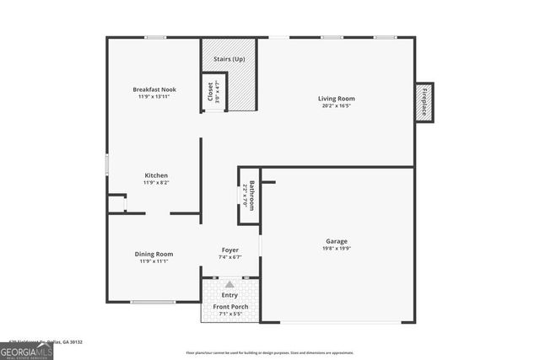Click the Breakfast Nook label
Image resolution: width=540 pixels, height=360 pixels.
[154, 89]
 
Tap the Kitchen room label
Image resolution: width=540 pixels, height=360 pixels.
[155, 175]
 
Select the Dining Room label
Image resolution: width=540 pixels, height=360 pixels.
[154, 254]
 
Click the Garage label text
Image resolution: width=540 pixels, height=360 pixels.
[337, 241]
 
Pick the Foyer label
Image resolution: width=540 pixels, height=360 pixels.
[229, 250]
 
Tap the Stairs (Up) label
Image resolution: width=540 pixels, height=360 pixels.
[229, 59]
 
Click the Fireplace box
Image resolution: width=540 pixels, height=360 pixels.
[425, 102]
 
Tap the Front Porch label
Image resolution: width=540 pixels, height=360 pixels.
[229, 306]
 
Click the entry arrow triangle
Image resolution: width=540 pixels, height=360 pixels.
[229, 285]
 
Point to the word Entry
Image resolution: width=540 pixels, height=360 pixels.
[229, 295]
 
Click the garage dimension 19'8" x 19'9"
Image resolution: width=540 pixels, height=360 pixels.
[337, 249]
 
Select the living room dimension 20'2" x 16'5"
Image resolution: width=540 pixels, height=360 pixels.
[337, 106]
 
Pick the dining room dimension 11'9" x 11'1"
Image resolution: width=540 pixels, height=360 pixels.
[154, 261]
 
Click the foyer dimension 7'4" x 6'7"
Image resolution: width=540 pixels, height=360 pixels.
[229, 257]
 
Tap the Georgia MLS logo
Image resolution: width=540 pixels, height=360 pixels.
[27, 349]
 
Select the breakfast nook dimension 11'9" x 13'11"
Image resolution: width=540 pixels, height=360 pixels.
[154, 97]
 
